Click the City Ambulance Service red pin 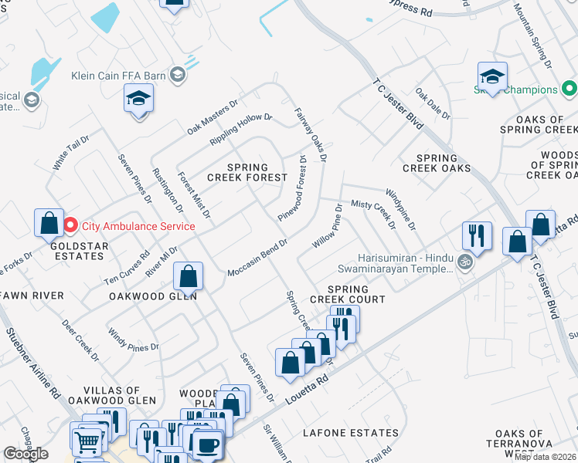tap(70, 226)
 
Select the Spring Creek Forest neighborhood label tap(247, 172)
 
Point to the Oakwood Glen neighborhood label tap(152, 296)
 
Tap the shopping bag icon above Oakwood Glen tap(188, 275)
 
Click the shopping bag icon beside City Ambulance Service tap(49, 223)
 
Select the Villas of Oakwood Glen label tap(124, 395)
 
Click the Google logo tap(25, 454)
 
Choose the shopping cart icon tap(87, 441)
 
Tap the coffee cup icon tap(207, 445)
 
